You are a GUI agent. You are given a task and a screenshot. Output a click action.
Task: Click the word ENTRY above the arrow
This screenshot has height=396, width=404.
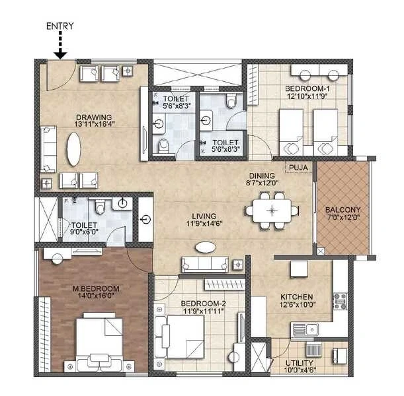click(60, 26)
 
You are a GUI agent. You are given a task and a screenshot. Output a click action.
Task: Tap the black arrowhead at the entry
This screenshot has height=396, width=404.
click(61, 55)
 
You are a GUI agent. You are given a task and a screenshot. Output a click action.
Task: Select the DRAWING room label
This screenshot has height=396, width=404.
click(94, 117)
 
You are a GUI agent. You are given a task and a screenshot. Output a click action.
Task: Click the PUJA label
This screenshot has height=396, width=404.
click(298, 168)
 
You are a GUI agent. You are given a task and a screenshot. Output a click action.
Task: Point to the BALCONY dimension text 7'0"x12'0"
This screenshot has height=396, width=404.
click(343, 217)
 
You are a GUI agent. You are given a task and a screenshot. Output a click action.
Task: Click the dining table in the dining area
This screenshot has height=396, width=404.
click(272, 211)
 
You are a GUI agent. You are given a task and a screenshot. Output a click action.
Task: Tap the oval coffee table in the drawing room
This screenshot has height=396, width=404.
click(73, 149)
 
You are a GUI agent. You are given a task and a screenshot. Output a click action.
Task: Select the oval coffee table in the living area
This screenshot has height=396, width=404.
click(206, 247)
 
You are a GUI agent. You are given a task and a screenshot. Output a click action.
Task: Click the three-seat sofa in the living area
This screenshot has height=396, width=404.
click(205, 264)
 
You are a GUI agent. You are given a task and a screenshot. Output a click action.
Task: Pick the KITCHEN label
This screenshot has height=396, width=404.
click(297, 297)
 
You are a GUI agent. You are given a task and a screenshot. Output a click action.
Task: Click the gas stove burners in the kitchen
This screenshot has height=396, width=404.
click(340, 302)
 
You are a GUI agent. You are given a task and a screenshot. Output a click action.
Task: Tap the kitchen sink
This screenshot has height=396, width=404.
click(305, 329)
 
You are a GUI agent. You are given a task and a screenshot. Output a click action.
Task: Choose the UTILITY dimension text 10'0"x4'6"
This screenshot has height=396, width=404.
click(299, 370)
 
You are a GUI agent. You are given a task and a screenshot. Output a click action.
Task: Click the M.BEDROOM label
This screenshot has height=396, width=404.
click(96, 289)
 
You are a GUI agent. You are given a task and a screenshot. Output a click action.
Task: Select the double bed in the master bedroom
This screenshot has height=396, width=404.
click(99, 342)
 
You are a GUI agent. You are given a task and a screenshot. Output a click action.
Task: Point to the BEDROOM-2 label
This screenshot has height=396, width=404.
click(203, 304)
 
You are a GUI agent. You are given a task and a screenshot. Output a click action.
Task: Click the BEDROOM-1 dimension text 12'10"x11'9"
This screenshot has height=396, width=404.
click(307, 96)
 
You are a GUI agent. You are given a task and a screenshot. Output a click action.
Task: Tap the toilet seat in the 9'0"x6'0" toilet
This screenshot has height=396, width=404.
click(100, 207)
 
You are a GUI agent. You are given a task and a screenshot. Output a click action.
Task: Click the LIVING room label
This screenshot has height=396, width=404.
click(204, 216)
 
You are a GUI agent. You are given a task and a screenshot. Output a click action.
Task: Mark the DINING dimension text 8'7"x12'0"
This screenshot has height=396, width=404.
click(262, 183)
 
